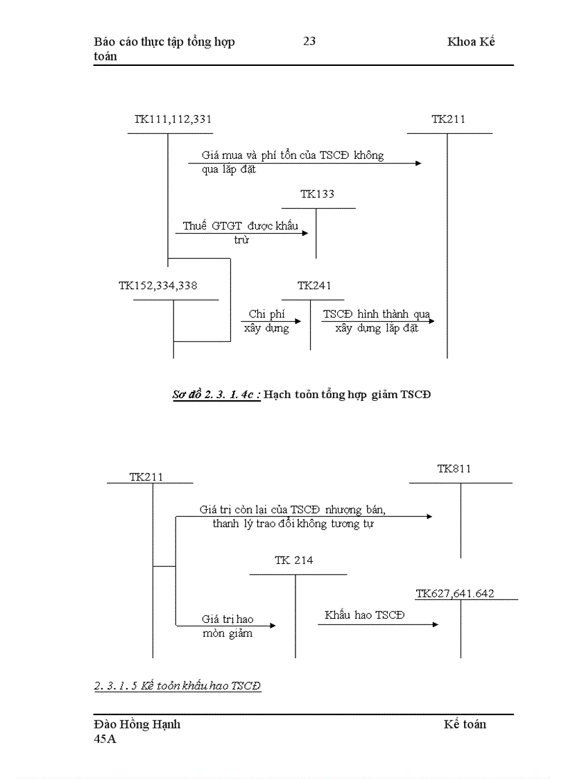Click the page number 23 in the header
(309, 41)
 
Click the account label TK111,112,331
(173, 119)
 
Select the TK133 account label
(317, 194)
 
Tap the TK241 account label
(314, 286)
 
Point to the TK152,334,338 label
(158, 286)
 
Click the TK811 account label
(454, 469)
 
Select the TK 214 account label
(293, 560)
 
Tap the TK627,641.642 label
(455, 594)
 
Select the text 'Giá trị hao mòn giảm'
(228, 626)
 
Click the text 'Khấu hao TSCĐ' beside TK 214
(364, 615)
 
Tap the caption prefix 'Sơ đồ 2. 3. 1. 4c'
(216, 395)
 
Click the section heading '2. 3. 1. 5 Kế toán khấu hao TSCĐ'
(178, 686)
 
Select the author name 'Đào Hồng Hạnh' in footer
(137, 724)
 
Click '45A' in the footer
(105, 739)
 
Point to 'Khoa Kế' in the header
(471, 42)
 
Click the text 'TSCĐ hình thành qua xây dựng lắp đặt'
(377, 321)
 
